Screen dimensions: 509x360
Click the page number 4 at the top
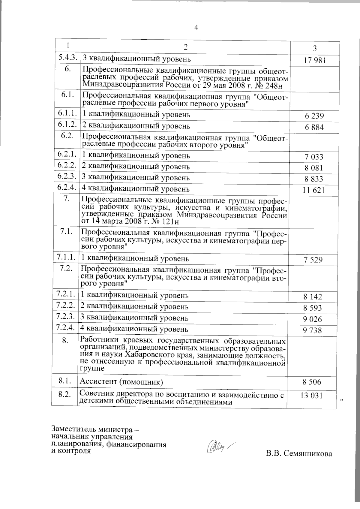196,28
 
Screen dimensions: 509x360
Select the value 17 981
314,61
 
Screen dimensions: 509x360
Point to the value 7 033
314,157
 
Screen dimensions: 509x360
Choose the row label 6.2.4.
67,188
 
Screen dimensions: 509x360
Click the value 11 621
314,190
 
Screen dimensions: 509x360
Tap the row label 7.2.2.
65,306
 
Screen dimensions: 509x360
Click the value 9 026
313,319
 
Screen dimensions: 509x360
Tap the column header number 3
315,48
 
